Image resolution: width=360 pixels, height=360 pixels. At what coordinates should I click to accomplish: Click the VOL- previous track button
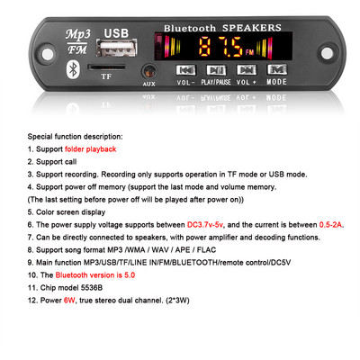coord(184,69)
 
